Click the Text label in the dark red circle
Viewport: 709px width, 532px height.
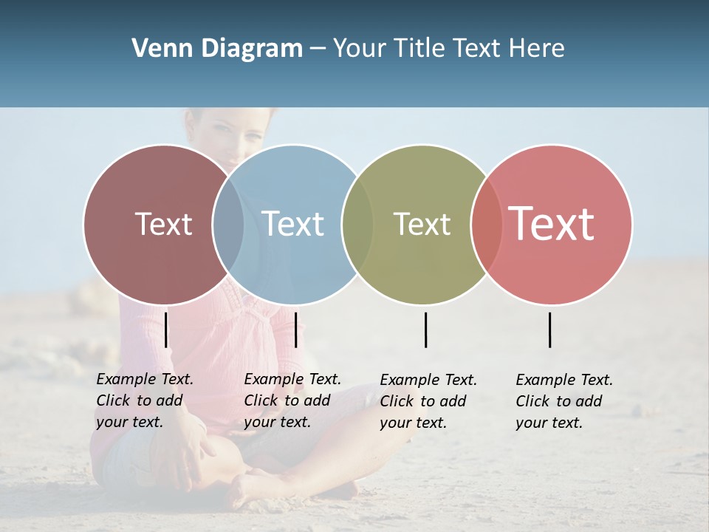163,224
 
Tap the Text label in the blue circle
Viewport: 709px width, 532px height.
292,224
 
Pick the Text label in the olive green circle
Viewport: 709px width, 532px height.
422,224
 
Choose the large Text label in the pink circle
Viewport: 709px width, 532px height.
552,224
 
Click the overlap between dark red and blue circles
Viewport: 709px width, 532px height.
228,225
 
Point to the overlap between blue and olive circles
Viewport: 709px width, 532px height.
357,225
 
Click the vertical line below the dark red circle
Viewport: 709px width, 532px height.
166,330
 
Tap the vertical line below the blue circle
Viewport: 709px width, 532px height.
295,330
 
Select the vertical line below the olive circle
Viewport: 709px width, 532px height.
425,330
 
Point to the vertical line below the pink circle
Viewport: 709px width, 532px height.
550,330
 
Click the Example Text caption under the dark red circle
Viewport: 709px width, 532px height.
144,400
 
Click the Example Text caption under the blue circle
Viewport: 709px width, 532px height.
292,400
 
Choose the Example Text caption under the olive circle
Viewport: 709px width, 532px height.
428,401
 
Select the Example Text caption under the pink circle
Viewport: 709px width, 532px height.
564,401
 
